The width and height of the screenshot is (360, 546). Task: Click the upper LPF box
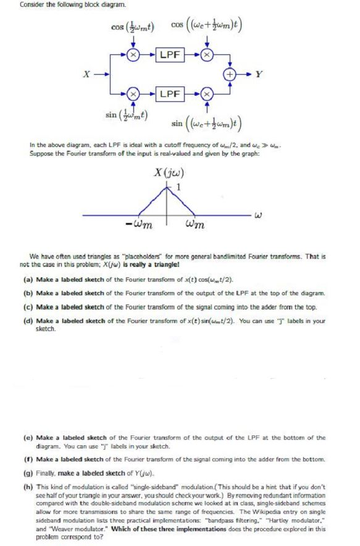(x=170, y=55)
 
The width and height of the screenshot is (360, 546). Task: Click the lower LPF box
(x=170, y=94)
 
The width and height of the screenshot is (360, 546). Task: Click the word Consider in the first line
(x=30, y=6)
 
